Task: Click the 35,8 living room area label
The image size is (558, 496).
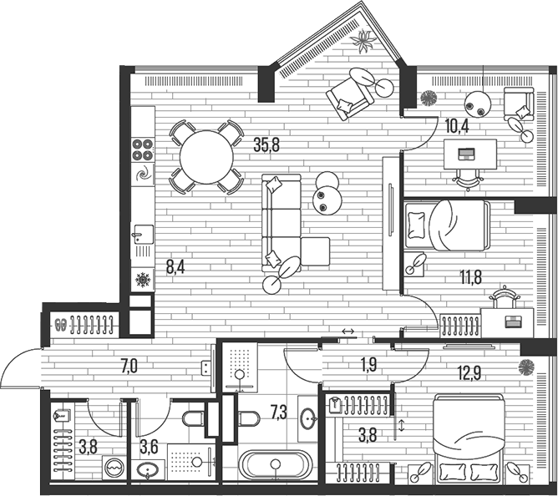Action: click(266, 144)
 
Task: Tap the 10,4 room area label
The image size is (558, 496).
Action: click(456, 126)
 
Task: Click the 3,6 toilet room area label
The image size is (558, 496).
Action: click(149, 446)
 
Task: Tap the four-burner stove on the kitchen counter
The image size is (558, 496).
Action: click(142, 149)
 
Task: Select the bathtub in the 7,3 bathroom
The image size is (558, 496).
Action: click(275, 464)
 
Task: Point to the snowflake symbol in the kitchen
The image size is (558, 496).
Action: click(142, 280)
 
